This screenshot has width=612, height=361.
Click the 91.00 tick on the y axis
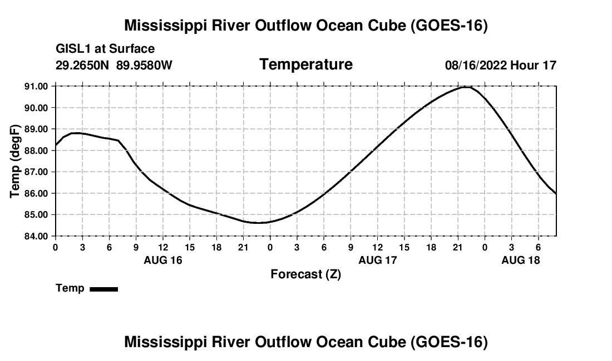(x=36, y=86)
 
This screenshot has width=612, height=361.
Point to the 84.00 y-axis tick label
(x=36, y=236)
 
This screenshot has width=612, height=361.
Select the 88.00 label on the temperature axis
(x=36, y=151)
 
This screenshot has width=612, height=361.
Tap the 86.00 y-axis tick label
(x=36, y=193)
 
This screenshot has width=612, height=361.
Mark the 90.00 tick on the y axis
(x=36, y=108)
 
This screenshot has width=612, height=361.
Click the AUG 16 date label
(x=163, y=260)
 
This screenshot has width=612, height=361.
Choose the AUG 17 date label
(x=377, y=260)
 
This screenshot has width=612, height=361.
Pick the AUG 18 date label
(x=521, y=260)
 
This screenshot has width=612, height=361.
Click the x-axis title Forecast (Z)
(x=306, y=274)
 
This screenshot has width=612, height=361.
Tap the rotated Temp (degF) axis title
(x=15, y=161)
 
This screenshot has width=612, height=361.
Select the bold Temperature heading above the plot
(x=306, y=64)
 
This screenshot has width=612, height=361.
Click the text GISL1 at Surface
(x=105, y=49)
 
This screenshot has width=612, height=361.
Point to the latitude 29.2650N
(x=82, y=66)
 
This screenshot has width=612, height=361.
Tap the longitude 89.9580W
(x=144, y=66)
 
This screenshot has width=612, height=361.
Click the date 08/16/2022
(x=476, y=66)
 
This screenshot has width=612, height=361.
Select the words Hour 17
(x=533, y=66)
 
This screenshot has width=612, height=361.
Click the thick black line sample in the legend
(x=104, y=289)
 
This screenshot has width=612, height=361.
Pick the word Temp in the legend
(x=70, y=289)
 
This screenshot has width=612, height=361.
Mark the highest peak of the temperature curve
(x=467, y=87)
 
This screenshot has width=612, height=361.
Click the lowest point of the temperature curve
(x=257, y=223)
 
